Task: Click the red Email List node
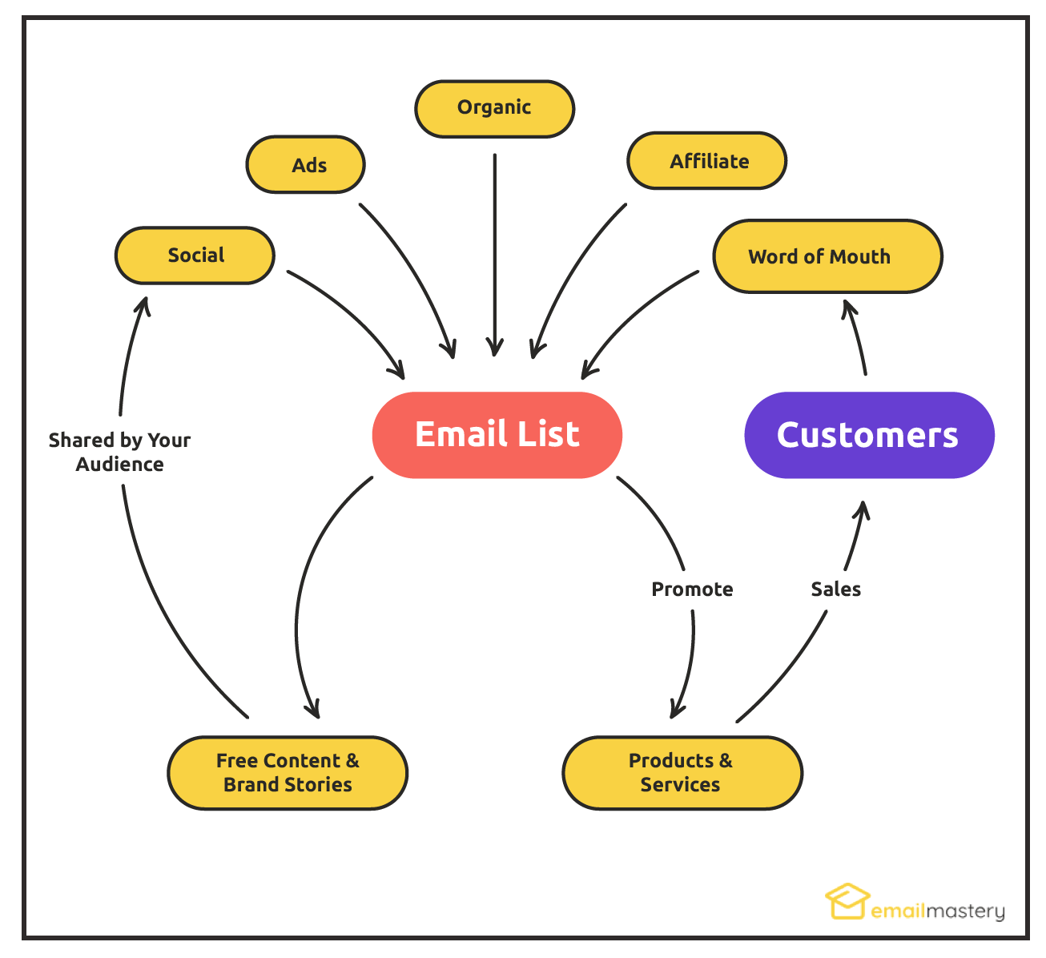pyautogui.click(x=497, y=435)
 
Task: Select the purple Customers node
pyautogui.click(x=869, y=435)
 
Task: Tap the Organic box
pyautogui.click(x=494, y=108)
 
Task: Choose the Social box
pyautogui.click(x=195, y=256)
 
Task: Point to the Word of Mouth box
pyautogui.click(x=827, y=256)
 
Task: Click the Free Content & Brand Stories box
pyautogui.click(x=288, y=773)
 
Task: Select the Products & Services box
pyautogui.click(x=682, y=773)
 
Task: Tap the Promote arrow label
pyautogui.click(x=692, y=590)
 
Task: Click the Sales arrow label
pyautogui.click(x=835, y=590)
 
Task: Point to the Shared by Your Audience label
pyautogui.click(x=119, y=452)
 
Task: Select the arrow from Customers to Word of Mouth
pyautogui.click(x=856, y=336)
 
